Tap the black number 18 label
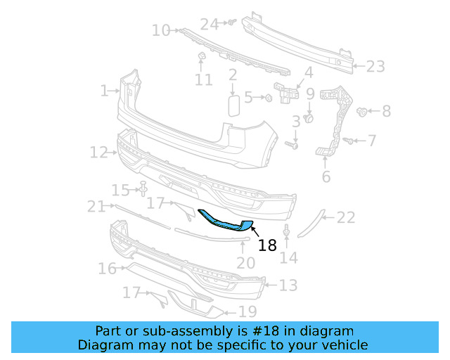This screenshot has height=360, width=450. click(267, 245)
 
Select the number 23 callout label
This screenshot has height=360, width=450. click(375, 67)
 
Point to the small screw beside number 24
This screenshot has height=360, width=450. click(229, 23)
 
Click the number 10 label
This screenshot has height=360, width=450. click(161, 30)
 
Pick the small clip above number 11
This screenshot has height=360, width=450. click(200, 56)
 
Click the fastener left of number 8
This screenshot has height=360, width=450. click(363, 110)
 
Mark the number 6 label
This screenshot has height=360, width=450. click(326, 176)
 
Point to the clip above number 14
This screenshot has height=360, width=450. click(287, 231)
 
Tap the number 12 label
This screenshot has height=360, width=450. click(98, 152)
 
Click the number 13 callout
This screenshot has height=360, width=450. click(288, 285)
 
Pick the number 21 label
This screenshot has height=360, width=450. click(96, 206)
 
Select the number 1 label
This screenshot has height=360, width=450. click(104, 91)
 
